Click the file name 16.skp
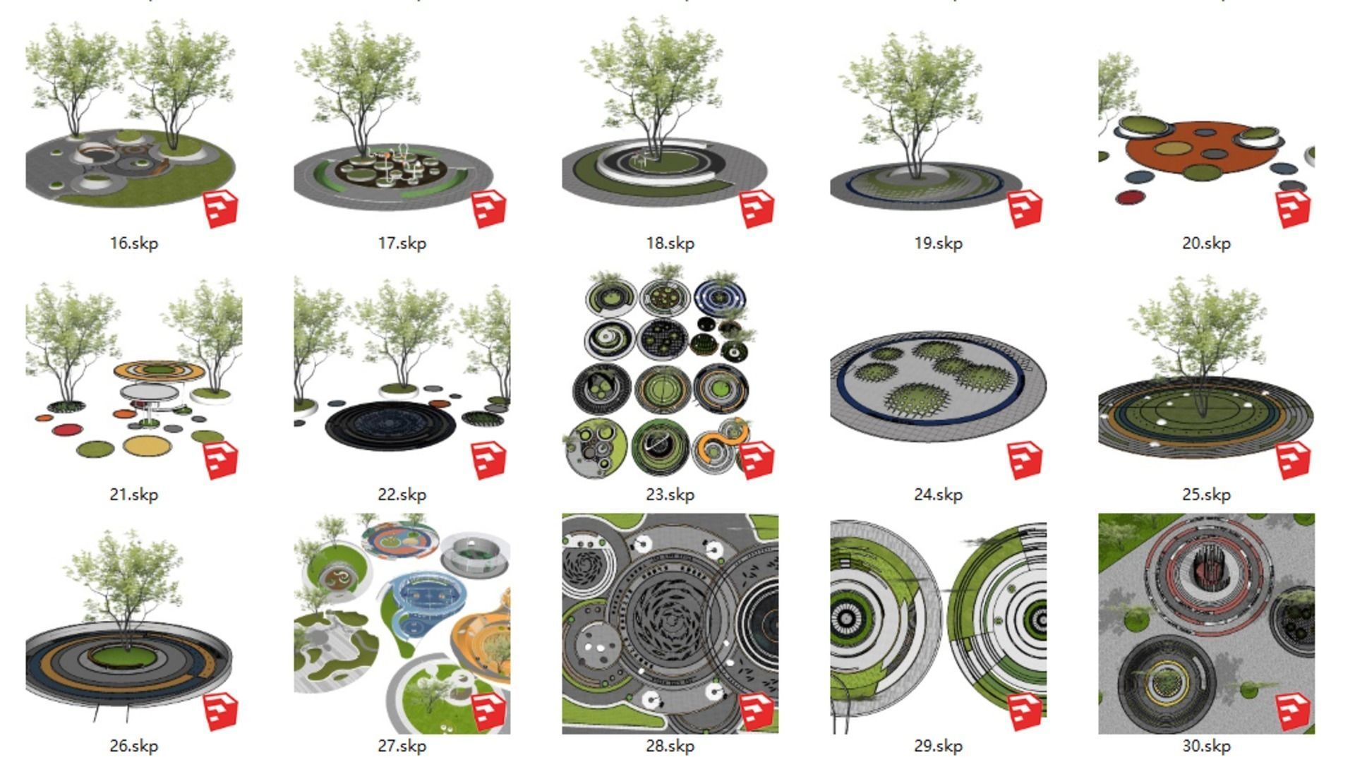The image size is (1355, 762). point(134,243)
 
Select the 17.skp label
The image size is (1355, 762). point(402,243)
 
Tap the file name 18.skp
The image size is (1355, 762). point(670,243)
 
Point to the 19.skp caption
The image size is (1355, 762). point(939,243)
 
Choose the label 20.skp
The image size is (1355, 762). point(1207,243)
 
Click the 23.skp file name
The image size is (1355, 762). point(670,495)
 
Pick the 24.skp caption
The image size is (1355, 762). point(939,495)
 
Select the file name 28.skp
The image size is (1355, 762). point(670,746)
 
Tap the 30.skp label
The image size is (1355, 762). point(1207,746)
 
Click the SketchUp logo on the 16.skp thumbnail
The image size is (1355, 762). point(221,209)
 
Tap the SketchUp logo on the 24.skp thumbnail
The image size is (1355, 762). point(1025,460)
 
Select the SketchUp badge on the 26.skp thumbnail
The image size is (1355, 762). point(221,711)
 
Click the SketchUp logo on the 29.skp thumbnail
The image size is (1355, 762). point(1025,711)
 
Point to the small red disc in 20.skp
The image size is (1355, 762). point(1130,198)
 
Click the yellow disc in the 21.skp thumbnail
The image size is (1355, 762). point(147,445)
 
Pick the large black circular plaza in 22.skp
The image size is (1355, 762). point(390,425)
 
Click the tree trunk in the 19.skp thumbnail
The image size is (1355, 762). point(915,159)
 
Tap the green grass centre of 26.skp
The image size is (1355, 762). point(126,658)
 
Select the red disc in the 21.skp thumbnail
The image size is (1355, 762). point(68,430)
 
